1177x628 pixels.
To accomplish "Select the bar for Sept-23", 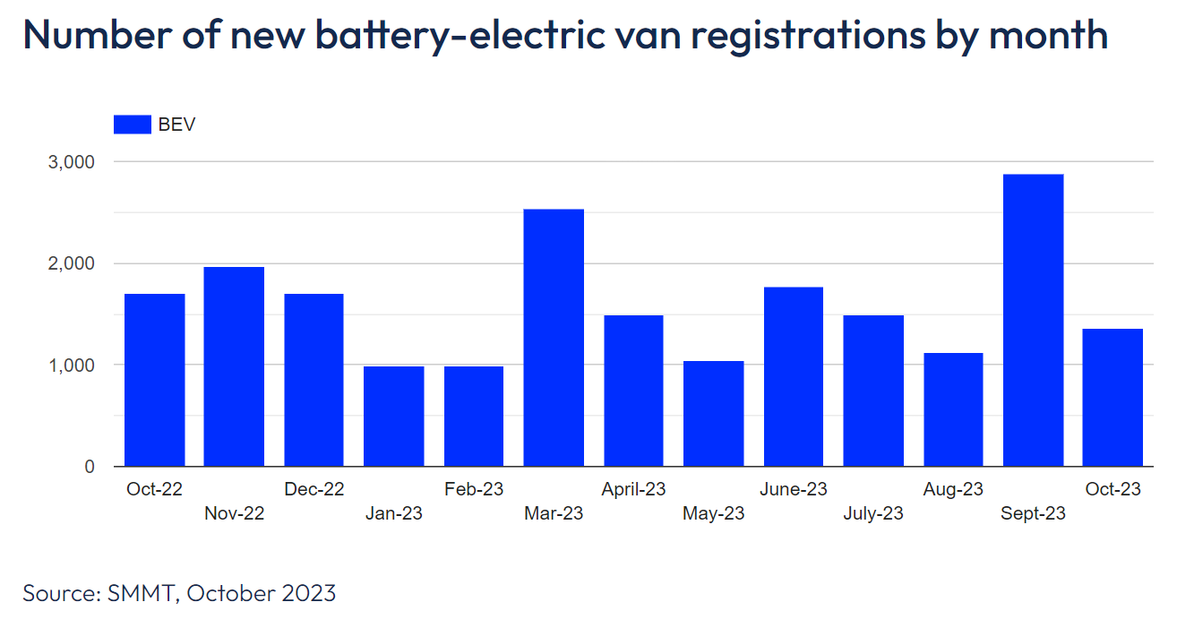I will point(1033,320).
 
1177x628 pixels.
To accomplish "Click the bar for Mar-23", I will point(554,338).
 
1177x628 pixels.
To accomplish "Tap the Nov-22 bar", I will point(234,366).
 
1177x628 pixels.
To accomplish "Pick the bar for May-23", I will point(713,414).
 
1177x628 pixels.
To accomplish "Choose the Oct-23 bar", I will point(1113,398).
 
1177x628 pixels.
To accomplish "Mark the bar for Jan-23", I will point(393,417).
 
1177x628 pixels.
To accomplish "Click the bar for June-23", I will point(793,376).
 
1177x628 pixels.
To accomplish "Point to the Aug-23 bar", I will point(953,409).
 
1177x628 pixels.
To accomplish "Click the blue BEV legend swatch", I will point(132,125).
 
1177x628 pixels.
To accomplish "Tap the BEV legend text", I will point(176,125).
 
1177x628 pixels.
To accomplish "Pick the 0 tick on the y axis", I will point(90,467).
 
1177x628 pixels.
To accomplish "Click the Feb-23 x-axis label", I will point(474,489).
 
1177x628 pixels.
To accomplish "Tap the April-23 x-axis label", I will point(633,489).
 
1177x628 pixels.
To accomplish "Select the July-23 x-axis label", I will point(873,513).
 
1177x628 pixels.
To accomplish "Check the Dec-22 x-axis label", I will point(314,489).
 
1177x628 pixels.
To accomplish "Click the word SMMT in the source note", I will point(142,593).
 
